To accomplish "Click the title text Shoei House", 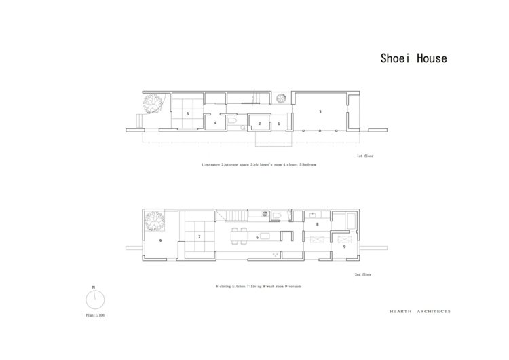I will coord(413,58).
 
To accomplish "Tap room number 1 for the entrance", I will coord(278,124).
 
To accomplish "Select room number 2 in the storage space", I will coord(259,124).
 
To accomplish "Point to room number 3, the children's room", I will coord(320,110).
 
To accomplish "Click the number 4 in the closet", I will coord(216,124).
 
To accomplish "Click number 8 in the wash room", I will coord(317,223).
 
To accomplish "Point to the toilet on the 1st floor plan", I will coord(232,121).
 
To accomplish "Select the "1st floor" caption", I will coord(365,156).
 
